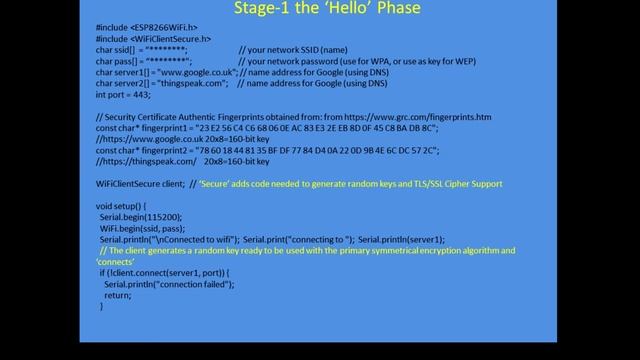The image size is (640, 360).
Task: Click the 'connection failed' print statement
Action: click(x=169, y=284)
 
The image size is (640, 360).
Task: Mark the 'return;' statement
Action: click(x=117, y=295)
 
